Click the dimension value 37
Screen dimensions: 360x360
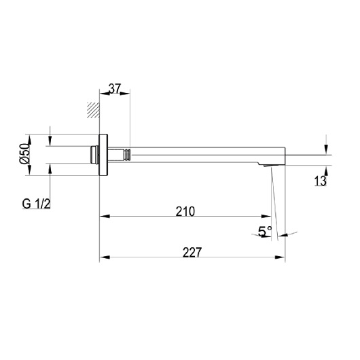tap(115, 88)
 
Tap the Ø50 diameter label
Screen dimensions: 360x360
tap(25, 154)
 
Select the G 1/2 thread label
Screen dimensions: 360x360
tap(36, 204)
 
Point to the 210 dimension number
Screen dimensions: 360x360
tap(185, 211)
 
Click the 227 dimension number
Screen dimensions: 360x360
tap(192, 252)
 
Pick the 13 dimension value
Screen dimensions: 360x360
tap(320, 181)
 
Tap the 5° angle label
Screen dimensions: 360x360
tap(265, 231)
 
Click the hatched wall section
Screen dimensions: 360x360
tap(93, 110)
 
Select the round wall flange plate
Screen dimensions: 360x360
tap(103, 155)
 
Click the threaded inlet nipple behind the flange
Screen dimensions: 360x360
tap(94, 155)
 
